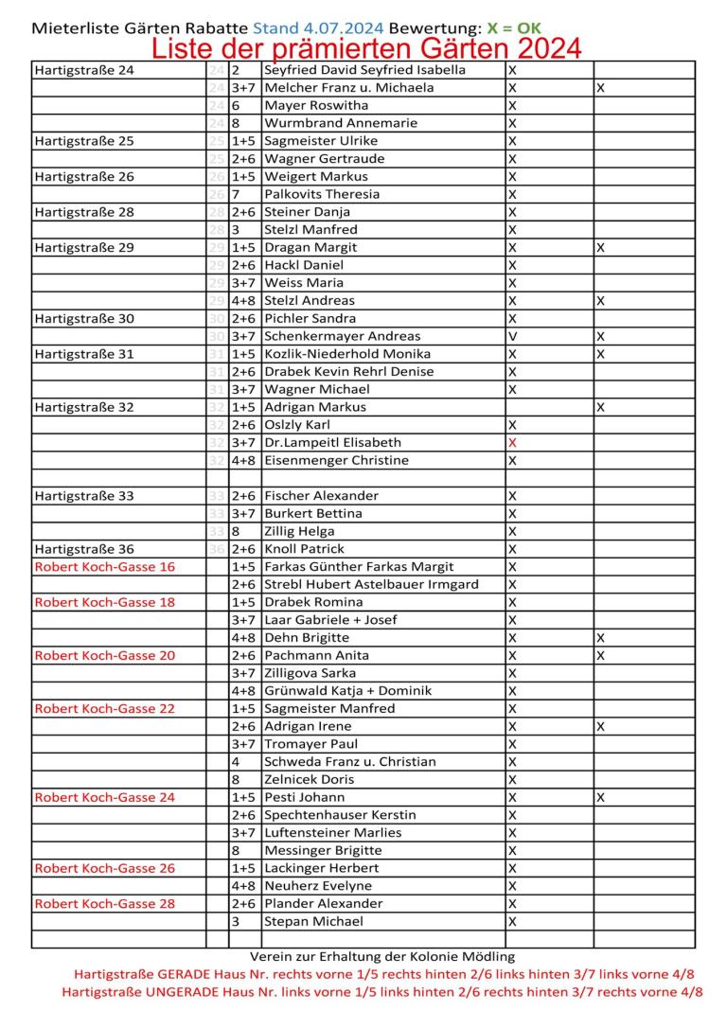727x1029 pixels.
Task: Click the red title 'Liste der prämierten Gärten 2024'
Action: [366, 47]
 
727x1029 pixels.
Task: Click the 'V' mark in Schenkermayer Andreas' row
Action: [512, 336]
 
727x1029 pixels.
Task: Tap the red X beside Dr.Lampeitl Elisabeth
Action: [512, 442]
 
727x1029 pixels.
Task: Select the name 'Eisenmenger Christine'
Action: [337, 460]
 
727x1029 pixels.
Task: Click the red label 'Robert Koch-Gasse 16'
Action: [104, 567]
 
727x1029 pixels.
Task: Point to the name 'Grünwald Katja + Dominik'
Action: [347, 691]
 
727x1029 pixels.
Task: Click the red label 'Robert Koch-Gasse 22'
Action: [104, 708]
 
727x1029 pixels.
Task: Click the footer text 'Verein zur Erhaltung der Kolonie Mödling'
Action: [389, 957]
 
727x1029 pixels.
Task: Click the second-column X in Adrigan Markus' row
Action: [601, 407]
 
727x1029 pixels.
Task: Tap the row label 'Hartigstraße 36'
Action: [84, 549]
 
